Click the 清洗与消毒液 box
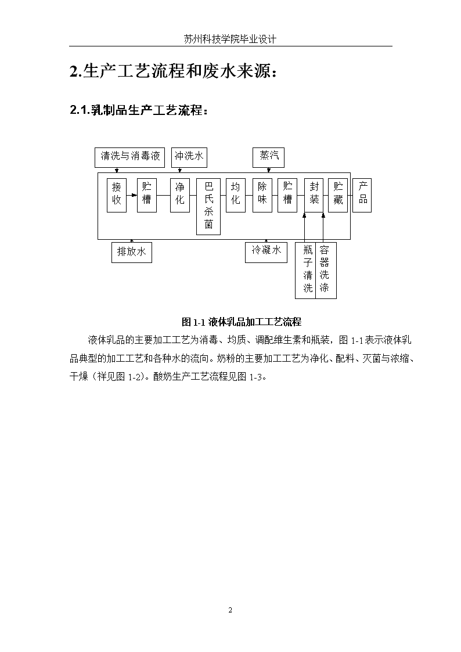[129, 157]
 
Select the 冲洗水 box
[189, 157]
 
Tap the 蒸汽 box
[269, 157]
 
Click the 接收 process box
[116, 196]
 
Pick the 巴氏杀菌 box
[208, 207]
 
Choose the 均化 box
[236, 196]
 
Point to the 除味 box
[262, 196]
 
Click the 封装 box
[314, 196]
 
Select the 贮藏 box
[338, 196]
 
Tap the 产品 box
[362, 196]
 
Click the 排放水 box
[132, 253]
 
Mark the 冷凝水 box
[266, 253]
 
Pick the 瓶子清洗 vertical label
[308, 269]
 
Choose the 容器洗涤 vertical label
[324, 269]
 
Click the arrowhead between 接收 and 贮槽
[134, 195]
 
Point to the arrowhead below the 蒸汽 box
[269, 171]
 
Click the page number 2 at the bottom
[230, 610]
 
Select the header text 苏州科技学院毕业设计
[230, 39]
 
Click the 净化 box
[180, 196]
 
